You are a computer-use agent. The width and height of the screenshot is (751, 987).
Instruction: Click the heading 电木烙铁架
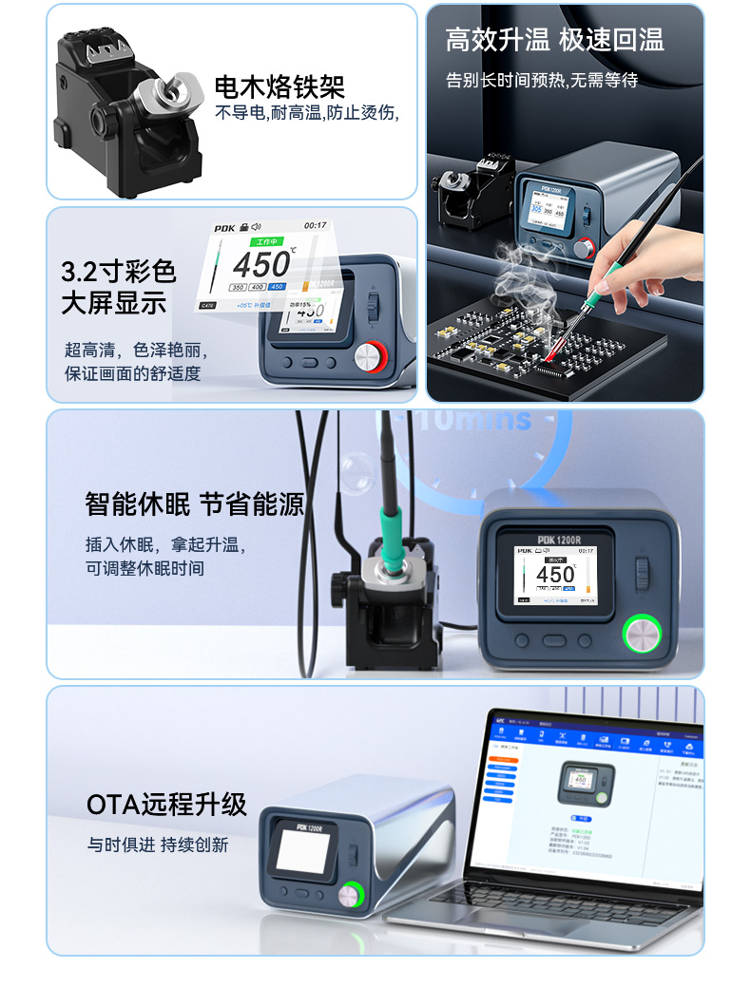[279, 87]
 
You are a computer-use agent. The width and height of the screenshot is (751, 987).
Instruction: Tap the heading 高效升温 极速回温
[554, 40]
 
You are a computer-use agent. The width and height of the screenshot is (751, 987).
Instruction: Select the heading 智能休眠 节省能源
[194, 503]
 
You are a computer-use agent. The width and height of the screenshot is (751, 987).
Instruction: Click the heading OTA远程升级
[166, 806]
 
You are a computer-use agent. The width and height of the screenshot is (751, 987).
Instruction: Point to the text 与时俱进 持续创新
[158, 845]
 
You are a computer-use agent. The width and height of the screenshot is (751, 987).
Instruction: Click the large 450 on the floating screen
[263, 264]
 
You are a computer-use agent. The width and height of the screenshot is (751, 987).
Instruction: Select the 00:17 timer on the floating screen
[315, 226]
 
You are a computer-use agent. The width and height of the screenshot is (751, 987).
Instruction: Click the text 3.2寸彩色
[119, 272]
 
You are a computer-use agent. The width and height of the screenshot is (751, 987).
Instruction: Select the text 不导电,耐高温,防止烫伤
[306, 113]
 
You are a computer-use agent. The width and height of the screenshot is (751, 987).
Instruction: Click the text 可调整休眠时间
[144, 569]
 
